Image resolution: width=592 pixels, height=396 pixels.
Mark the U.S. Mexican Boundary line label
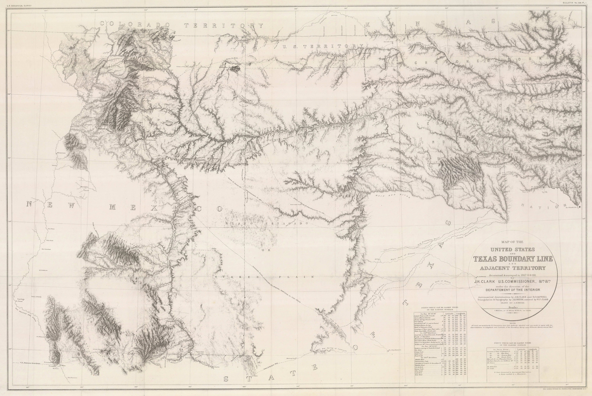[28, 363]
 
